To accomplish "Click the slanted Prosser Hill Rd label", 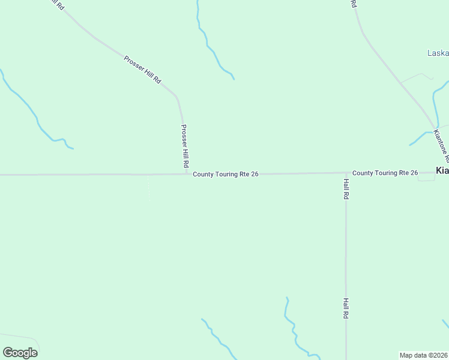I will click(142, 69).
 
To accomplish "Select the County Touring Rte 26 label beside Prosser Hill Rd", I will click(226, 174).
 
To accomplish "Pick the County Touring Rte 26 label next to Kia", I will click(385, 173).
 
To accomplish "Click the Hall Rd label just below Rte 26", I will click(346, 188).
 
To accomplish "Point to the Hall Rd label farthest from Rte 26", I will click(346, 308).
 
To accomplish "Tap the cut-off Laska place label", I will click(438, 53).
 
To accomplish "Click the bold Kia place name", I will click(442, 171).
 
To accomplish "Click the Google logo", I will click(20, 352).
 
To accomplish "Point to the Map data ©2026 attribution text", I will click(423, 355).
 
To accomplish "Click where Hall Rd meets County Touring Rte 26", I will click(346, 173).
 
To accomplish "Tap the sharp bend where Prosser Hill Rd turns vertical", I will click(178, 98).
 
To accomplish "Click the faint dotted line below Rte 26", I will click(148, 187).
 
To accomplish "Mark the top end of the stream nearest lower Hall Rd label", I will click(287, 298).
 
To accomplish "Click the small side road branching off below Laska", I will click(417, 77).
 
